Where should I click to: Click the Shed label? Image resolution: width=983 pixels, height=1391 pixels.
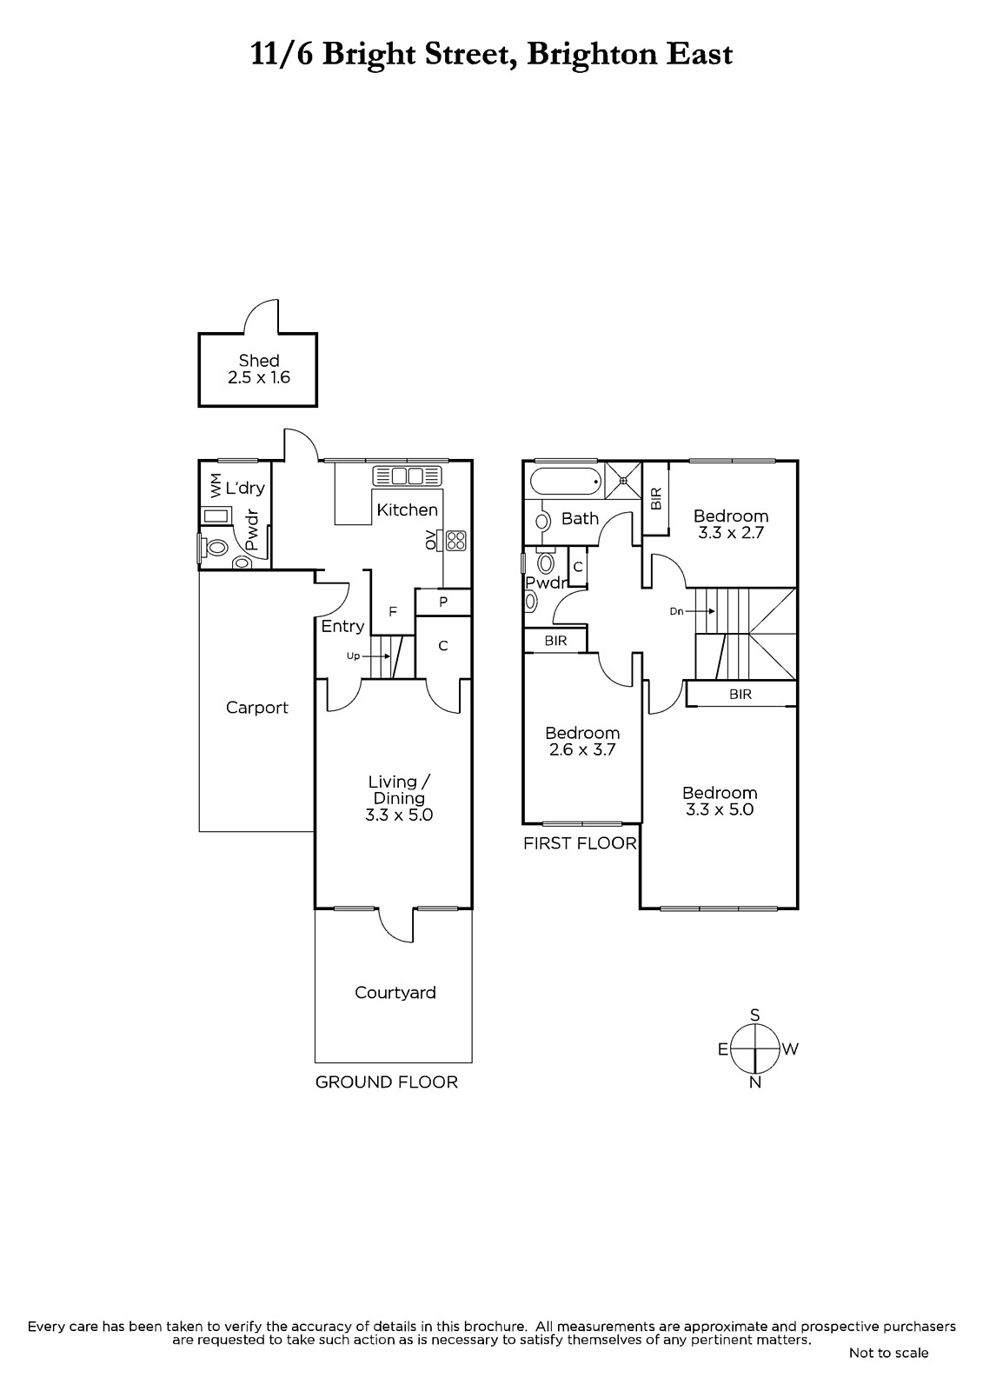259,360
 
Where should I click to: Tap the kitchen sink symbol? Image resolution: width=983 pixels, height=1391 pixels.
407,476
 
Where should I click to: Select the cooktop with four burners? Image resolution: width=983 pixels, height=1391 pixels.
455,540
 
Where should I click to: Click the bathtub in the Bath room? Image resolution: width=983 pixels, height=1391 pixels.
566,481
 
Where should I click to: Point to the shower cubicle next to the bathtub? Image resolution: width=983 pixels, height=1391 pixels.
623,479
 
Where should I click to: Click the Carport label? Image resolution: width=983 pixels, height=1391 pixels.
257,708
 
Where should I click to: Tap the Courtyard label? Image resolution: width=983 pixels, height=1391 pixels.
395,992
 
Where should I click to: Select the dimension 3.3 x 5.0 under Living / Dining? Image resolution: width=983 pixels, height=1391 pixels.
399,815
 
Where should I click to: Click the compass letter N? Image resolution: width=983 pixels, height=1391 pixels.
755,1082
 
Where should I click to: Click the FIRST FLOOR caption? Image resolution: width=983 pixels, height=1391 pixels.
580,843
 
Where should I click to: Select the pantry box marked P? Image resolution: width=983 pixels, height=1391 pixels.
443,602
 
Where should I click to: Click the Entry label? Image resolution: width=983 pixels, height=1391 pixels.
342,627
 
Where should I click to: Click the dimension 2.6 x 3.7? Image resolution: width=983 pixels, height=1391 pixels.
582,749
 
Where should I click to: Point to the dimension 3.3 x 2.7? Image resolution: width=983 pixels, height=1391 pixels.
731,533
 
